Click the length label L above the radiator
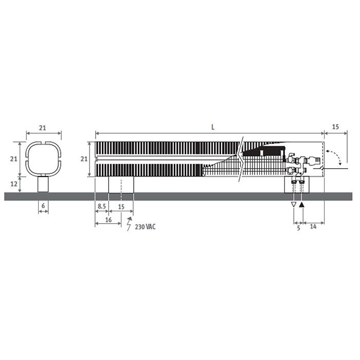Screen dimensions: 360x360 (213, 127)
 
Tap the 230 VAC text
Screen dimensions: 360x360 (145, 227)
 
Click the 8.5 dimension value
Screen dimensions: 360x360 (102, 206)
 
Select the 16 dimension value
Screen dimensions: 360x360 (109, 220)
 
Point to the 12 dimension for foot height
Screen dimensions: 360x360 (14, 184)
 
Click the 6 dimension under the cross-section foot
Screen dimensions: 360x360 (43, 206)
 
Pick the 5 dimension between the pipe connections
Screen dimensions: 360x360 (298, 228)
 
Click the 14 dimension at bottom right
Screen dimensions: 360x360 (313, 227)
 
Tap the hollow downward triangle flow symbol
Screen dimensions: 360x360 (294, 205)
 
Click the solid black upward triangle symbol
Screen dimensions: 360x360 (302, 205)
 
